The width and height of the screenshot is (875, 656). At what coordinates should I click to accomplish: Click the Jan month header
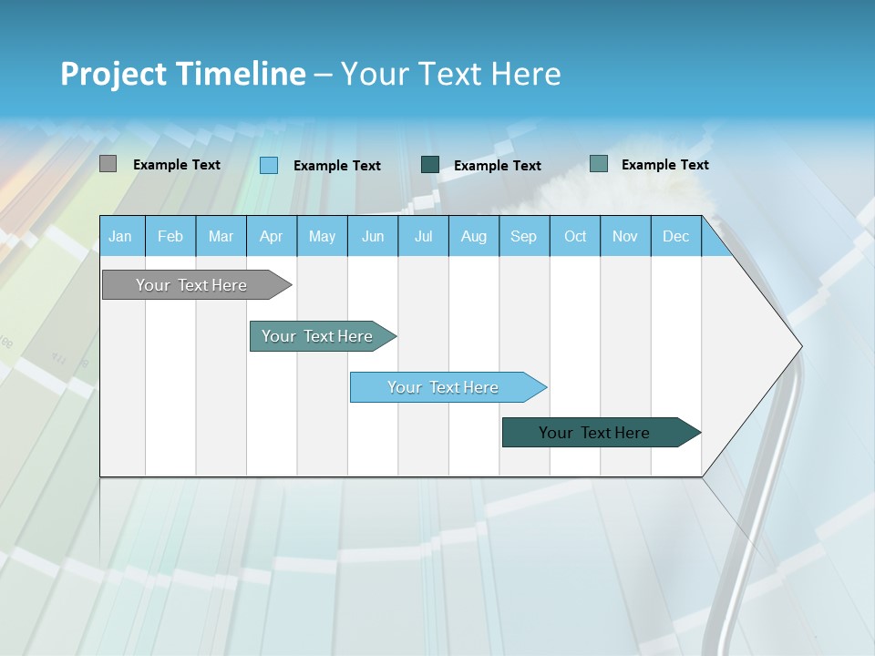point(121,236)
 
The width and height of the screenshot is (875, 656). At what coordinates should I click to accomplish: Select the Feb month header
point(170,236)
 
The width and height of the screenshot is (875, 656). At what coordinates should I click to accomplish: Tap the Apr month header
point(272,236)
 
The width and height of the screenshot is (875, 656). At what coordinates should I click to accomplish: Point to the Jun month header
point(373,236)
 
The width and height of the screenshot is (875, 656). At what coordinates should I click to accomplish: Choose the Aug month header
point(474,236)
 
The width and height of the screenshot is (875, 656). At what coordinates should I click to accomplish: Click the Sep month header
point(524,236)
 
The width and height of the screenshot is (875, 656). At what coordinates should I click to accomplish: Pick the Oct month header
point(575,236)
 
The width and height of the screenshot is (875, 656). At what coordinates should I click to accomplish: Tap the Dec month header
point(676,236)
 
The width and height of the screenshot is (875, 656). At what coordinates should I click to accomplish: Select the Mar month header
point(221,236)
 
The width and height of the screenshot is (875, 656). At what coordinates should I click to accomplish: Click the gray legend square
point(108,164)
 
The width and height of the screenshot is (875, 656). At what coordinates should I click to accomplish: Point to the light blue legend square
point(269,165)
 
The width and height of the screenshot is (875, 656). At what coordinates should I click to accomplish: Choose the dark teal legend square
point(430,164)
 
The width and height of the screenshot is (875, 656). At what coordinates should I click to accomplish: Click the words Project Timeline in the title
point(183,74)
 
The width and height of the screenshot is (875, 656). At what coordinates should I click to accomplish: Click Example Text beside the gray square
point(177,165)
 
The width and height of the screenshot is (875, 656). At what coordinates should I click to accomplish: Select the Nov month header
point(625,236)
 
